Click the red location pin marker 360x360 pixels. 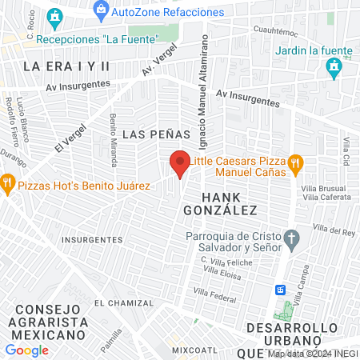click(180, 164)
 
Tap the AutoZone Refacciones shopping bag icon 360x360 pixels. click(100, 11)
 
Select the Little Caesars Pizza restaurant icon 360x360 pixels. click(294, 164)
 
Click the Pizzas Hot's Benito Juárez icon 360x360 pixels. click(8, 183)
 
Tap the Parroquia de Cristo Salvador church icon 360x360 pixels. click(292, 238)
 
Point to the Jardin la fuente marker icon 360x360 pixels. click(334, 70)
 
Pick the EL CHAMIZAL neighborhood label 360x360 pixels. click(123, 303)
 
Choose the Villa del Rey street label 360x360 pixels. click(334, 230)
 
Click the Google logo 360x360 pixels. click(26, 350)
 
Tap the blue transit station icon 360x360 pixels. click(281, 289)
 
